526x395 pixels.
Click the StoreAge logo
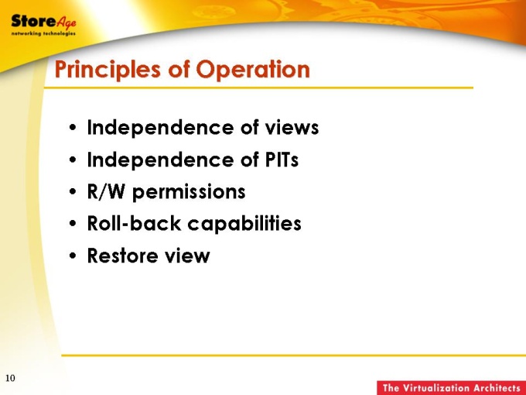pos(43,25)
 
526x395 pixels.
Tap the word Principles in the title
pos(108,70)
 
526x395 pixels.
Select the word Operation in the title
pos(253,70)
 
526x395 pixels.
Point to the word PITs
pos(282,160)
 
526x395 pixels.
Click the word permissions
pos(189,192)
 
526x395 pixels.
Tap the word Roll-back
pos(134,223)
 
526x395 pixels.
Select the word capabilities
pos(244,224)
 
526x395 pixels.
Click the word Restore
pos(121,256)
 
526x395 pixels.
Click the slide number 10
pos(10,378)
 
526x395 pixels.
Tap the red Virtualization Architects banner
pos(451,387)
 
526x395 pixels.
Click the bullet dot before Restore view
pos(73,256)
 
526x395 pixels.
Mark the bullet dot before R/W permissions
pos(73,192)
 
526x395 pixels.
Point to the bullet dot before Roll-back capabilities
pos(73,224)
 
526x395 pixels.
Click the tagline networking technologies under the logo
pos(43,33)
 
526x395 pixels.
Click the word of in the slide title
pos(179,70)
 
